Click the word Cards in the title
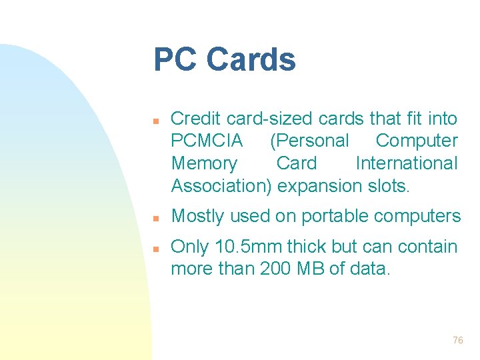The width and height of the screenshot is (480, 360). pyautogui.click(x=251, y=59)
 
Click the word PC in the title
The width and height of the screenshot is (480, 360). pyautogui.click(x=175, y=59)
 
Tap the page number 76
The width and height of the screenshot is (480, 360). pyautogui.click(x=457, y=340)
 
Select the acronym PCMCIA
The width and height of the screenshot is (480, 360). pyautogui.click(x=207, y=141)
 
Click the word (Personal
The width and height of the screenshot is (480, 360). pyautogui.click(x=309, y=141)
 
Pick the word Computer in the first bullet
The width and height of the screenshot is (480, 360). pyautogui.click(x=417, y=141)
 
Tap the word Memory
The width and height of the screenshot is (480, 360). pyautogui.click(x=204, y=163)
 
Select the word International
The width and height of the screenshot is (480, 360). pyautogui.click(x=407, y=163)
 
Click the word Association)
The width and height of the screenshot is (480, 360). pyautogui.click(x=221, y=185)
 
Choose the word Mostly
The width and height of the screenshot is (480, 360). pyautogui.click(x=197, y=216)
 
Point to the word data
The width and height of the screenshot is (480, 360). pyautogui.click(x=370, y=269)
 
